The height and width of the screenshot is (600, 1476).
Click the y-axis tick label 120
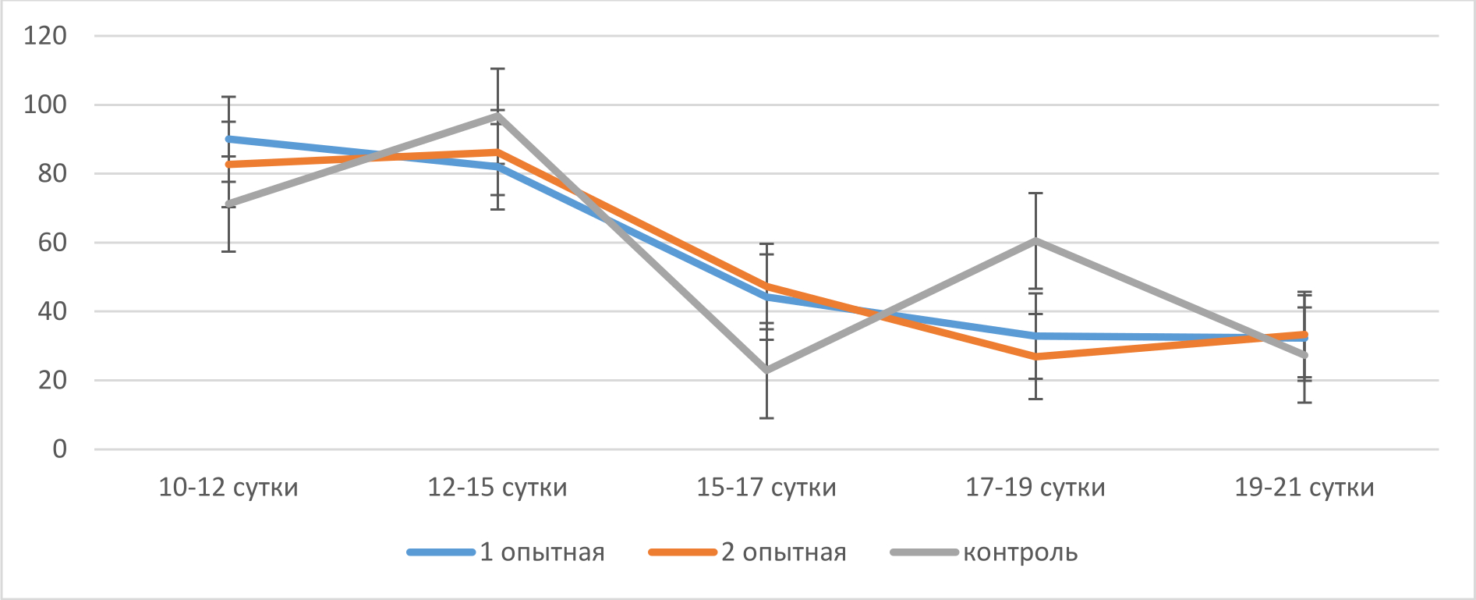45,36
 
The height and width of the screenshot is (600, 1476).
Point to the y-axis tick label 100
45,105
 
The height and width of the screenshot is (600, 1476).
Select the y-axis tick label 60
52,243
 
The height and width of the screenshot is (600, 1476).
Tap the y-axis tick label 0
60,449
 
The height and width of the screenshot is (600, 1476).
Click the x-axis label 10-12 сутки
228,488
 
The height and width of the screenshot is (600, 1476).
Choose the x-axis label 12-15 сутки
497,488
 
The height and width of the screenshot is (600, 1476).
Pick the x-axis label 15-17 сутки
766,488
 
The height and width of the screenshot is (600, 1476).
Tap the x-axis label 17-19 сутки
1035,488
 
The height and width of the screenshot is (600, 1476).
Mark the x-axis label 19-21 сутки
1304,488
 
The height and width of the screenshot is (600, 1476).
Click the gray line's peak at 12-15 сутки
497,115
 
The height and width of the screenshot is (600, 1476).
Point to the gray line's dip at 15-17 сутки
766,371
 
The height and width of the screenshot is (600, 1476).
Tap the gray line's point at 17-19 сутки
1035,240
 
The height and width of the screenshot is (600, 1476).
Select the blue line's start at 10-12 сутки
228,139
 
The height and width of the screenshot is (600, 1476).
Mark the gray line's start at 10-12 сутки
228,204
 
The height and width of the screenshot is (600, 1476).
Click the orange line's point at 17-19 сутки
1035,357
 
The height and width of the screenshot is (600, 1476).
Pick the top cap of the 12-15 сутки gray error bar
497,69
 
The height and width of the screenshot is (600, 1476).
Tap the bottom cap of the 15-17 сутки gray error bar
766,418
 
